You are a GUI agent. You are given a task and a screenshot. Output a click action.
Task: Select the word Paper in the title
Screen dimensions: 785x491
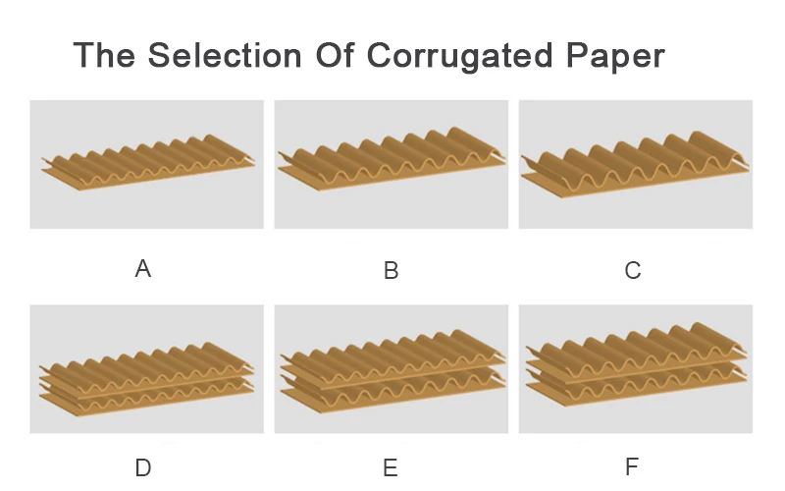[613, 56]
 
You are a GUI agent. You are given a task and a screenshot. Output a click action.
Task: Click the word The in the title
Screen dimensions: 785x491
[105, 55]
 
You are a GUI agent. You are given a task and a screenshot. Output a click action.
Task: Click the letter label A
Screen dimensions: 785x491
[143, 268]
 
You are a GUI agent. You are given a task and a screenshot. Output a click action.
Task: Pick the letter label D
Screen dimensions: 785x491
[143, 467]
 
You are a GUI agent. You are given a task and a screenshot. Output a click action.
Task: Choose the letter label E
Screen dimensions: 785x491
[391, 467]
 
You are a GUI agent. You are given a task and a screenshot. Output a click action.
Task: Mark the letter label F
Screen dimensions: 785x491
[633, 467]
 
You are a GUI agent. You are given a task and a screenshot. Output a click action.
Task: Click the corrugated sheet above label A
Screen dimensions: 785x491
[147, 162]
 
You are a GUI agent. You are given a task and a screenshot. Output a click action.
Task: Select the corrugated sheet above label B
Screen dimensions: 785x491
[391, 162]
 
